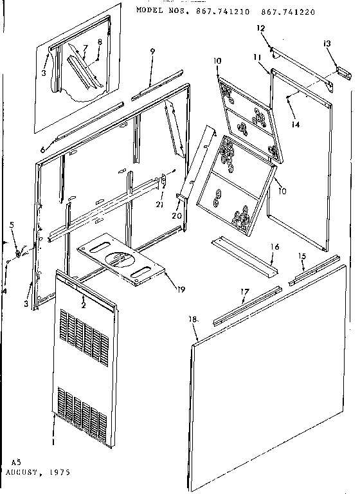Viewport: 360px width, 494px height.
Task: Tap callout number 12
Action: click(x=262, y=28)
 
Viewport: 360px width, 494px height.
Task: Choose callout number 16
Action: click(x=274, y=246)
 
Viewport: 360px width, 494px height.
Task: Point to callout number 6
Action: click(x=42, y=149)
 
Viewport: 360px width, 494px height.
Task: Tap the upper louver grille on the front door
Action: click(x=85, y=333)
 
